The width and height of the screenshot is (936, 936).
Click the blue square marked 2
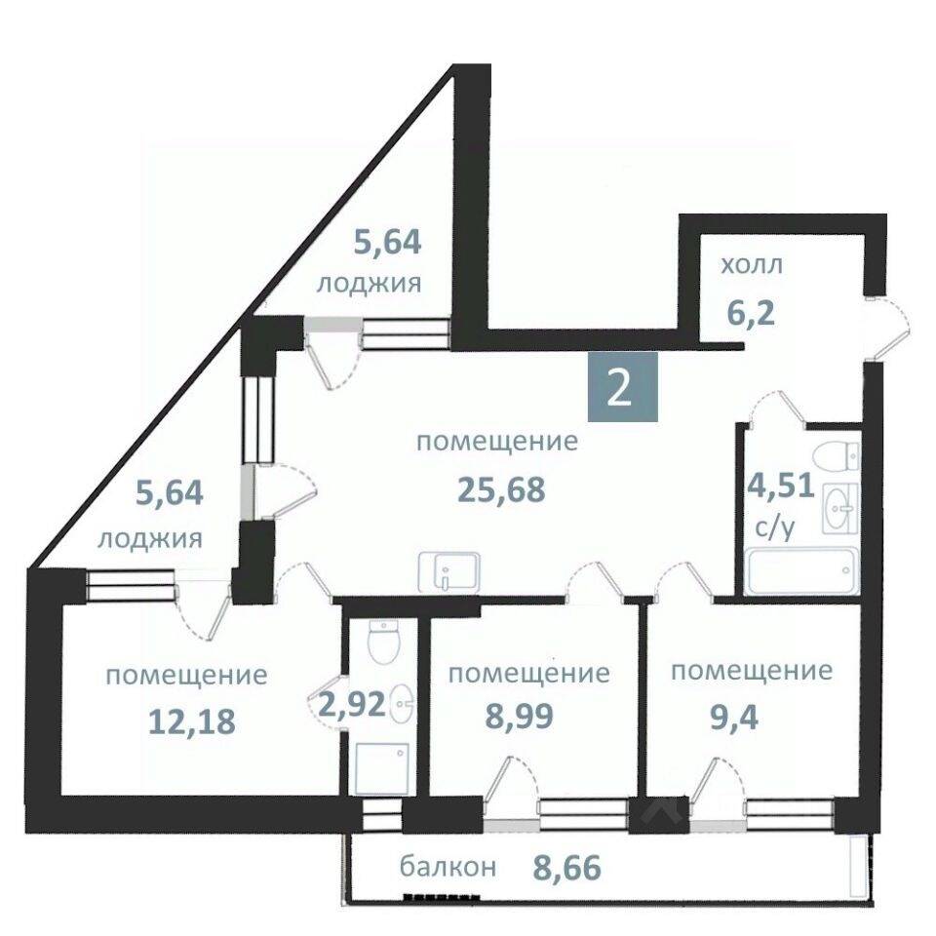[623, 387]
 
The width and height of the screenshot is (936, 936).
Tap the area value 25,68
[501, 490]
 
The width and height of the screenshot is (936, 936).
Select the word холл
[752, 265]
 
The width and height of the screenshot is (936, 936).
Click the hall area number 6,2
[751, 312]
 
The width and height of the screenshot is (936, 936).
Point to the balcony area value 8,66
[565, 868]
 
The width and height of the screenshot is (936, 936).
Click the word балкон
[448, 867]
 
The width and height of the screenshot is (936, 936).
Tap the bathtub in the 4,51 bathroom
[801, 572]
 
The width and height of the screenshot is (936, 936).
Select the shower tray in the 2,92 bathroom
[382, 768]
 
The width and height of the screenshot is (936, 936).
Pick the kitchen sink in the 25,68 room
[448, 572]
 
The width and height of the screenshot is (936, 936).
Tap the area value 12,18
[192, 721]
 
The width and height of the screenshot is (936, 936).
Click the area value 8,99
[520, 717]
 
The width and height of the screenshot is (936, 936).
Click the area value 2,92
[351, 706]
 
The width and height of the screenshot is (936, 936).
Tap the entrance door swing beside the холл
[889, 327]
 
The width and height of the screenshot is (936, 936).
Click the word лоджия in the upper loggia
[369, 285]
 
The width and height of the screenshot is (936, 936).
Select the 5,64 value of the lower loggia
[170, 493]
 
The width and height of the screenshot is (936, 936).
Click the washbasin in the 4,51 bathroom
[840, 508]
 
